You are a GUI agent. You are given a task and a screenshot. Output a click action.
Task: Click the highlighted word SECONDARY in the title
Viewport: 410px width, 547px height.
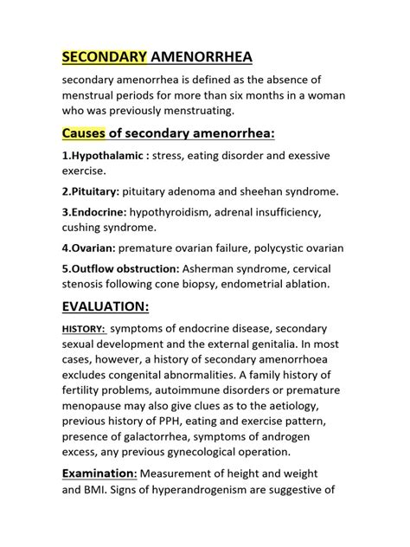104,57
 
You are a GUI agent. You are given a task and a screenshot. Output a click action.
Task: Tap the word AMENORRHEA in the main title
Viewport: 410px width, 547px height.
201,57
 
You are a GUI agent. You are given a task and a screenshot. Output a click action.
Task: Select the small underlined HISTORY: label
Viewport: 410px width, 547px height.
83,329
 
